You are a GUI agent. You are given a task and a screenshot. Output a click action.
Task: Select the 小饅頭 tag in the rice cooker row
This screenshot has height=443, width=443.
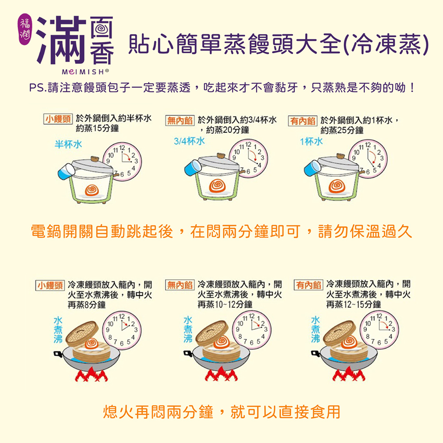point(58,119)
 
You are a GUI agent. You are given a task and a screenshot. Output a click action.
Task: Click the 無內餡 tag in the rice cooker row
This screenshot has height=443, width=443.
point(180,120)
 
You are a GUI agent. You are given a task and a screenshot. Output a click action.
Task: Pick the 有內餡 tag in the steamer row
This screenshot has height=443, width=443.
point(308,285)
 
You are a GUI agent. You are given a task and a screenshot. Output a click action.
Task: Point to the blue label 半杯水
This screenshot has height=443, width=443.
point(68,144)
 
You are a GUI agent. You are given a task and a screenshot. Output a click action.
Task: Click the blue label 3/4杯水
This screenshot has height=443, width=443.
point(189,141)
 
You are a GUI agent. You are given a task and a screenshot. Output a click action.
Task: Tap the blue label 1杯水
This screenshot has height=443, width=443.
point(311,141)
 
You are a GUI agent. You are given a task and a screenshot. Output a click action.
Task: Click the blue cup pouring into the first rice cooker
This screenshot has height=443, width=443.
point(66,171)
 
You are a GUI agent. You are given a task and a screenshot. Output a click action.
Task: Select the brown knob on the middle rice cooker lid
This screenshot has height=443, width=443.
point(221,156)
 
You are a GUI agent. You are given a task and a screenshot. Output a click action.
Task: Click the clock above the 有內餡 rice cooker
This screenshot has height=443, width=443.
point(368,159)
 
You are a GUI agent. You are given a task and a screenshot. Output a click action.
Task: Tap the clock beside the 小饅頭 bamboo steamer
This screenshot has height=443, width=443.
point(122,330)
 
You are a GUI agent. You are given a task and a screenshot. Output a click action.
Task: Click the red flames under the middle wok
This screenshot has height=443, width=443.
point(221,374)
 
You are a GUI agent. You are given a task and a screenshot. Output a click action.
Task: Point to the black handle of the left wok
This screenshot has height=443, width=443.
point(58,354)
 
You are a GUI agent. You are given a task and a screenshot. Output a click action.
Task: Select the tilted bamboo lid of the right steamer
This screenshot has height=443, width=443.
point(339,334)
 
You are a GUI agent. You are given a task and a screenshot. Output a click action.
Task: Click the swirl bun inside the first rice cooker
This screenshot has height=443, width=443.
point(92,190)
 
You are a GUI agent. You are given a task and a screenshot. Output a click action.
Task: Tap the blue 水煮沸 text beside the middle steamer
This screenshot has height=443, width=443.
point(188,330)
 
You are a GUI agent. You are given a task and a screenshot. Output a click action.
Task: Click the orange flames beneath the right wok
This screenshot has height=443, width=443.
point(349,374)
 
